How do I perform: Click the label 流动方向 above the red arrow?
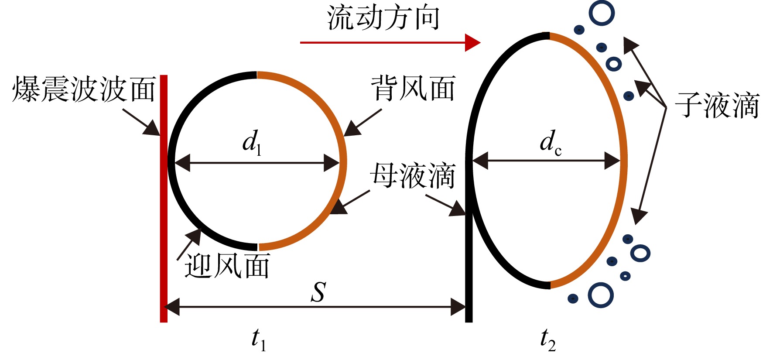[383, 18]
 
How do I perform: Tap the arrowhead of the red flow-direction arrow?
[472, 42]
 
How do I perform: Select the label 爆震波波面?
[84, 89]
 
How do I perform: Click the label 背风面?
[413, 88]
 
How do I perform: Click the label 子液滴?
[717, 105]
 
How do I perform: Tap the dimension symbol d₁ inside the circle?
[252, 143]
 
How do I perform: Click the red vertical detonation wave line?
[164, 199]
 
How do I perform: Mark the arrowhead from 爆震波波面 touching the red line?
[153, 128]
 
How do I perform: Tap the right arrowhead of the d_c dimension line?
[612, 161]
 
